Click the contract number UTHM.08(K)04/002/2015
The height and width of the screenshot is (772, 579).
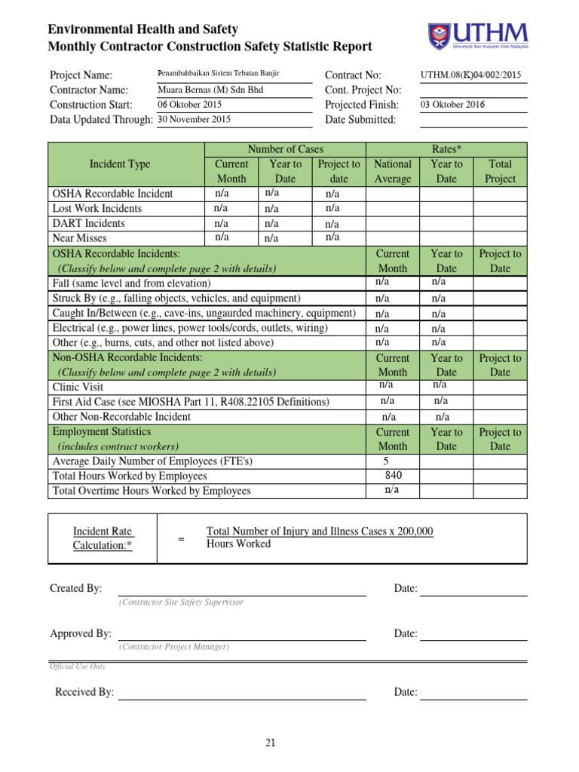(470, 75)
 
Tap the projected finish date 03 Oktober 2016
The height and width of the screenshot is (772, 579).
(452, 105)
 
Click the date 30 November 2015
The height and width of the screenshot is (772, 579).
(194, 119)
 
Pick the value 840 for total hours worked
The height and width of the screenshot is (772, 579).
(393, 476)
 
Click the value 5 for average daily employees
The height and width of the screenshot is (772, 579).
(387, 461)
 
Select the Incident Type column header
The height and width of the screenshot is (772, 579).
(120, 164)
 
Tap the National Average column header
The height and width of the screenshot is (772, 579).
(393, 171)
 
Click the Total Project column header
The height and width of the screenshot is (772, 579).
(500, 171)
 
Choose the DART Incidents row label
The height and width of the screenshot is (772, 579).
(89, 223)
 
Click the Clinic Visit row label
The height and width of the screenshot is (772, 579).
(78, 388)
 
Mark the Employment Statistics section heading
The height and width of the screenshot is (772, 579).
(102, 432)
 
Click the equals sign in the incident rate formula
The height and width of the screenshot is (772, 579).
(181, 539)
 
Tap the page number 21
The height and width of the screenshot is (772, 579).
(271, 743)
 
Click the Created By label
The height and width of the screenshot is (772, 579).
(76, 588)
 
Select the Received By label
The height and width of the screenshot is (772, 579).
(84, 692)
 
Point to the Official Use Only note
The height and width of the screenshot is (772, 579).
(78, 666)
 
